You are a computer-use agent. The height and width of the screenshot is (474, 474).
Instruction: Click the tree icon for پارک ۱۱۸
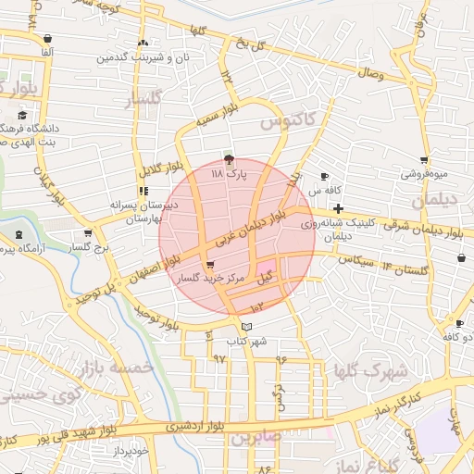tap(230, 159)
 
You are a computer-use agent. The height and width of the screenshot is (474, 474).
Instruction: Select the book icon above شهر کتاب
tap(245, 327)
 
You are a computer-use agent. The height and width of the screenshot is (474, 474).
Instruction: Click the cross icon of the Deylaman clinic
tap(338, 209)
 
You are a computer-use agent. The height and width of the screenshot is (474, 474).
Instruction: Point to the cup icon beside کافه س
tap(324, 176)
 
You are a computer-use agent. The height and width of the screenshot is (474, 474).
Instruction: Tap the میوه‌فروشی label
tap(424, 173)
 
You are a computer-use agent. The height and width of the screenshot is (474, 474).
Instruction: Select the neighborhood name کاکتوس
tap(286, 119)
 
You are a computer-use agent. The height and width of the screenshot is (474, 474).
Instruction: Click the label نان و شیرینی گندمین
tap(139, 57)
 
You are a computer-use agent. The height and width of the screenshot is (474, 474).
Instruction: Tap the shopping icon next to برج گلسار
tap(88, 233)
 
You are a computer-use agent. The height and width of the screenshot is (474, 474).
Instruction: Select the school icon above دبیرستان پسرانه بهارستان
tap(143, 191)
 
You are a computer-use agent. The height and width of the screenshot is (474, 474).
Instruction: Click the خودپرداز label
tap(127, 451)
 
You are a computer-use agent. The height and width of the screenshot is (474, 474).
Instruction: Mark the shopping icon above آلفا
tap(47, 38)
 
